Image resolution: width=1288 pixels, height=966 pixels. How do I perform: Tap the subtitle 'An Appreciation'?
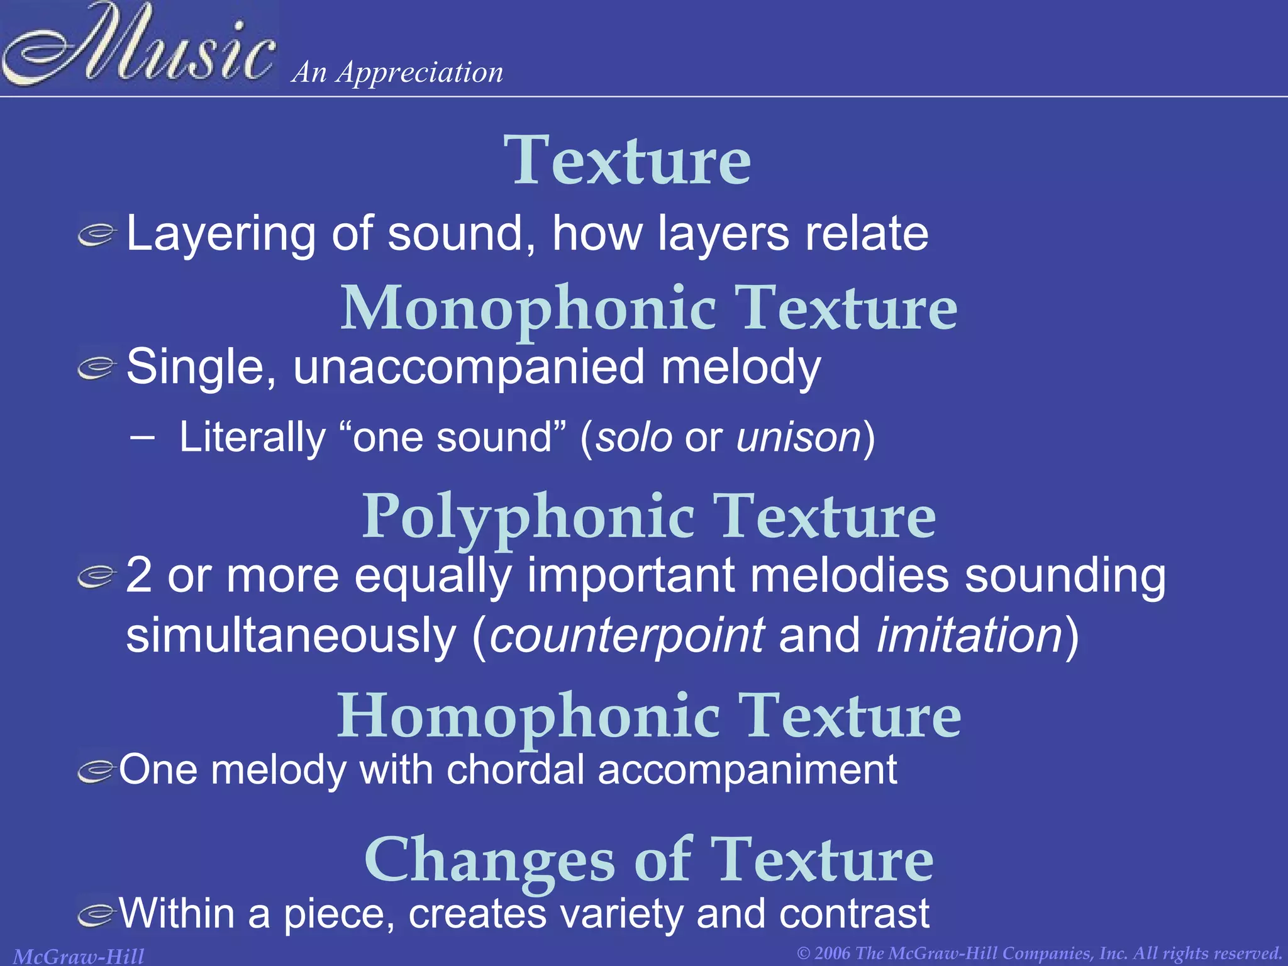tap(397, 72)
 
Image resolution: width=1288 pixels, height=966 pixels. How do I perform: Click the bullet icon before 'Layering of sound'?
tap(97, 235)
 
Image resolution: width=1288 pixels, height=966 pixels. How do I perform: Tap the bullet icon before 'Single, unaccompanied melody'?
tap(97, 369)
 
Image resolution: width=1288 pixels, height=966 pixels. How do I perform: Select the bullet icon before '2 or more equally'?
tap(97, 576)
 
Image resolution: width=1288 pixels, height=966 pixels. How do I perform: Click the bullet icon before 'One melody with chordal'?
tap(97, 771)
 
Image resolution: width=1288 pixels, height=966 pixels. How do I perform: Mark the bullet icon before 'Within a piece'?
tap(97, 914)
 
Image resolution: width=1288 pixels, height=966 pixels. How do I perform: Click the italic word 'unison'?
tap(798, 437)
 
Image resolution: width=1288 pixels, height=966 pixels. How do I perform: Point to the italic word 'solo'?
tap(634, 437)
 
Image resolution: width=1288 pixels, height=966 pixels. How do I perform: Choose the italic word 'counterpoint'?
tap(627, 635)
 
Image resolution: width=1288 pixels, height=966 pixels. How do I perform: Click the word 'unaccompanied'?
tap(469, 367)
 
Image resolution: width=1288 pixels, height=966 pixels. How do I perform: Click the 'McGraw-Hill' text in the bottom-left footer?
tap(79, 956)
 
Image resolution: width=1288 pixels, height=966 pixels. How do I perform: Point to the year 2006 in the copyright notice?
tap(833, 953)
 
